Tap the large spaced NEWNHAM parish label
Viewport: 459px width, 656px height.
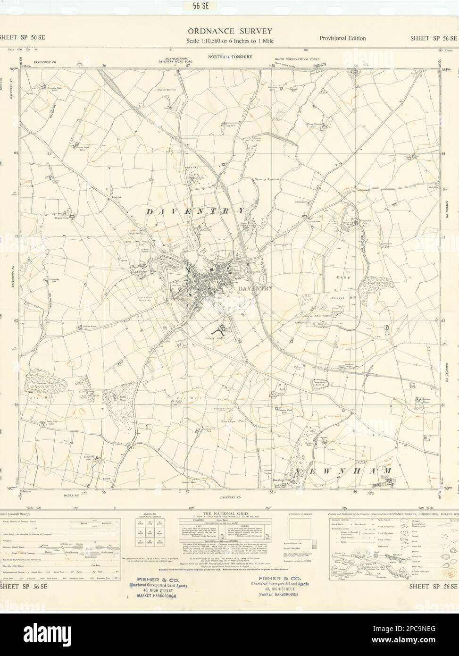(x=344, y=471)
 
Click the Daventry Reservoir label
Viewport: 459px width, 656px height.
(x=267, y=180)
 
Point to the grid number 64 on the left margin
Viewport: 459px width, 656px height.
(x=16, y=153)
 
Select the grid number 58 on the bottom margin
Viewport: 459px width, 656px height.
(x=272, y=492)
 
